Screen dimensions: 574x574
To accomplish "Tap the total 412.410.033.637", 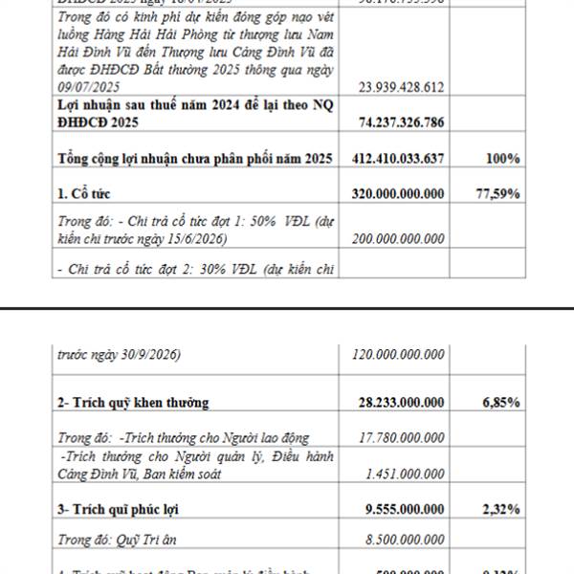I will tap(392, 158).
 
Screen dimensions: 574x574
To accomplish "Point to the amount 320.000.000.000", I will tap(392, 193).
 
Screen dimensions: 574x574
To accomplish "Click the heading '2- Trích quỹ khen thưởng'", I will tap(133, 402).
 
